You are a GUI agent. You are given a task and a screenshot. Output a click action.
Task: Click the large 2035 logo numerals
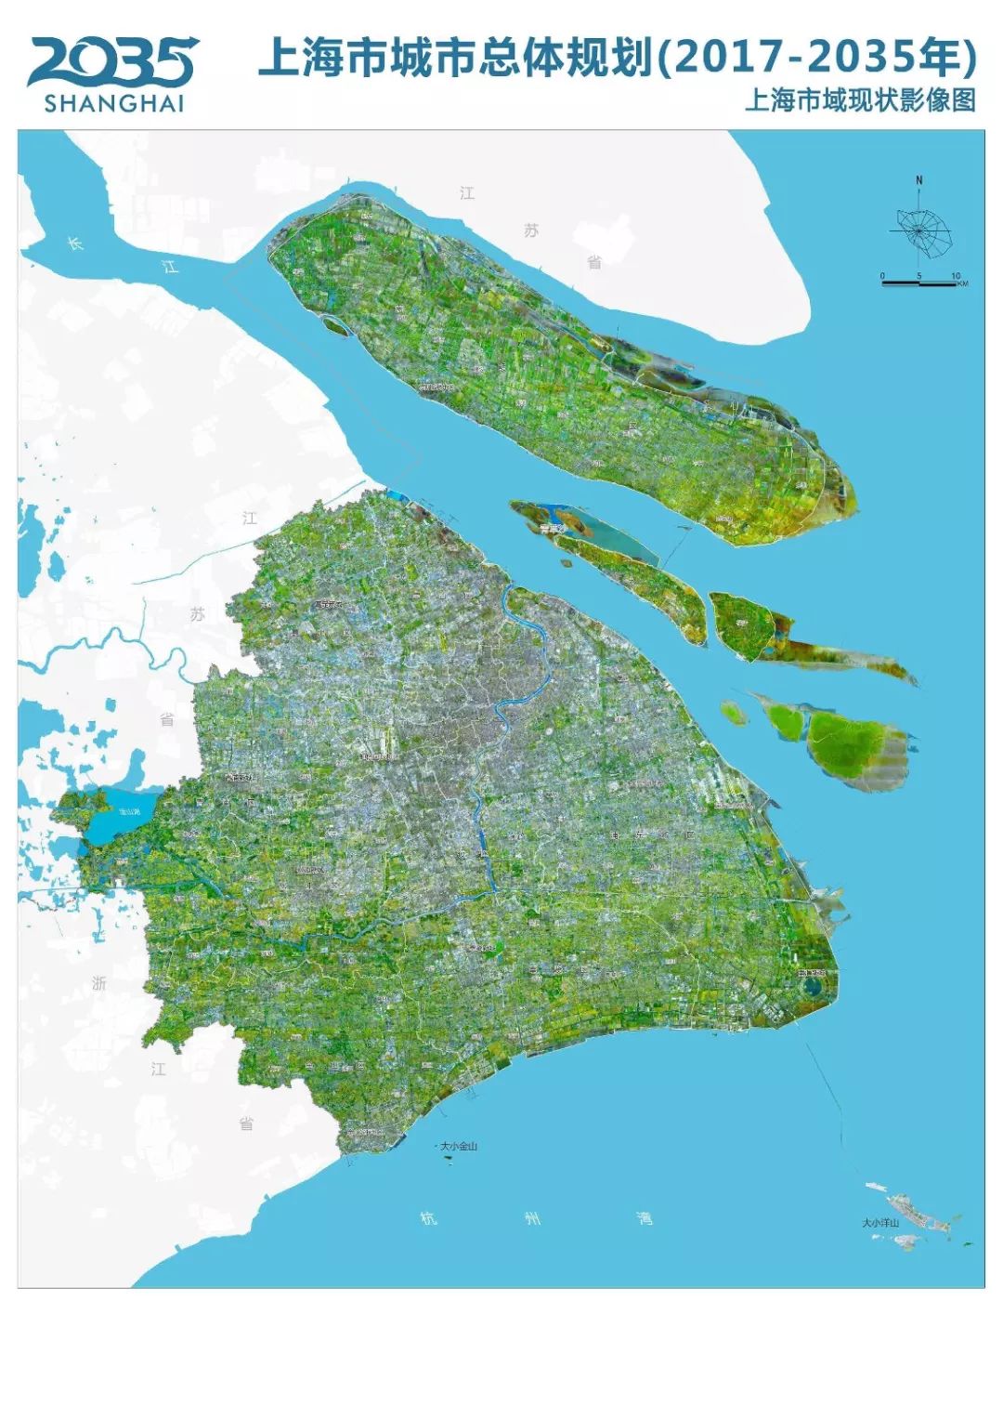(112, 61)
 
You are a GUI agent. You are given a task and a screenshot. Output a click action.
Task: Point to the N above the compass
(918, 180)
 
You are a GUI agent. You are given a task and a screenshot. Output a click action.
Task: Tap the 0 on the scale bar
(883, 275)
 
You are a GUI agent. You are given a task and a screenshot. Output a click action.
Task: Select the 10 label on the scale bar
(955, 275)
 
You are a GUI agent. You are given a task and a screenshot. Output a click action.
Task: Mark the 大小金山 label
(458, 1146)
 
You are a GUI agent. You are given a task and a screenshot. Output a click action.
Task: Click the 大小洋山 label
(879, 1223)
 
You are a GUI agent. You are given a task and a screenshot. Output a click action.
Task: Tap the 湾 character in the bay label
(645, 1217)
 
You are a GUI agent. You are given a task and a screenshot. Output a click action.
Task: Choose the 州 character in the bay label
(532, 1217)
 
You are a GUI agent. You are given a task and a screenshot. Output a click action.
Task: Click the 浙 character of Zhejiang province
(99, 983)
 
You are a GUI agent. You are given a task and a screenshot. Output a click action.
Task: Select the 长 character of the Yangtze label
(75, 243)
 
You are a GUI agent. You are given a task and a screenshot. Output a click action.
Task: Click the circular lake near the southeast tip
(814, 985)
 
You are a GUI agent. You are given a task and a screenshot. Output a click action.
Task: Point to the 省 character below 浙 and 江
(246, 1123)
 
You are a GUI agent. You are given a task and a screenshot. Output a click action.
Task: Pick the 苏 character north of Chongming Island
(530, 230)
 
